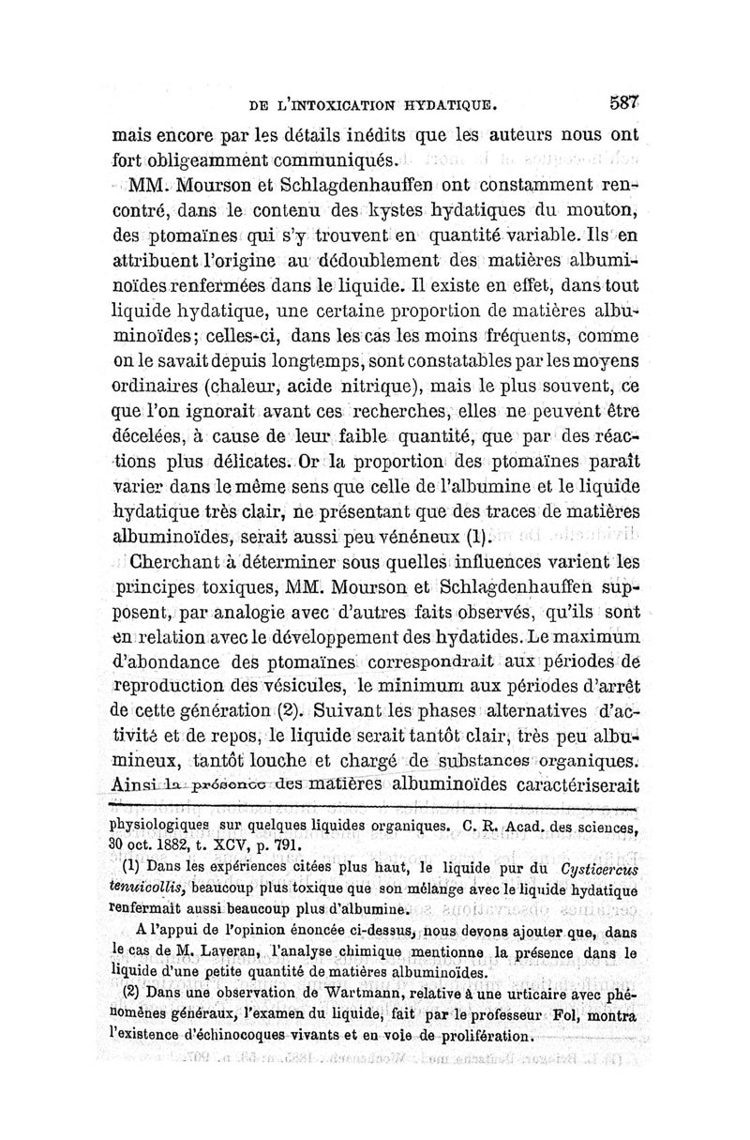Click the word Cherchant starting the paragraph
pos(185,566)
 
